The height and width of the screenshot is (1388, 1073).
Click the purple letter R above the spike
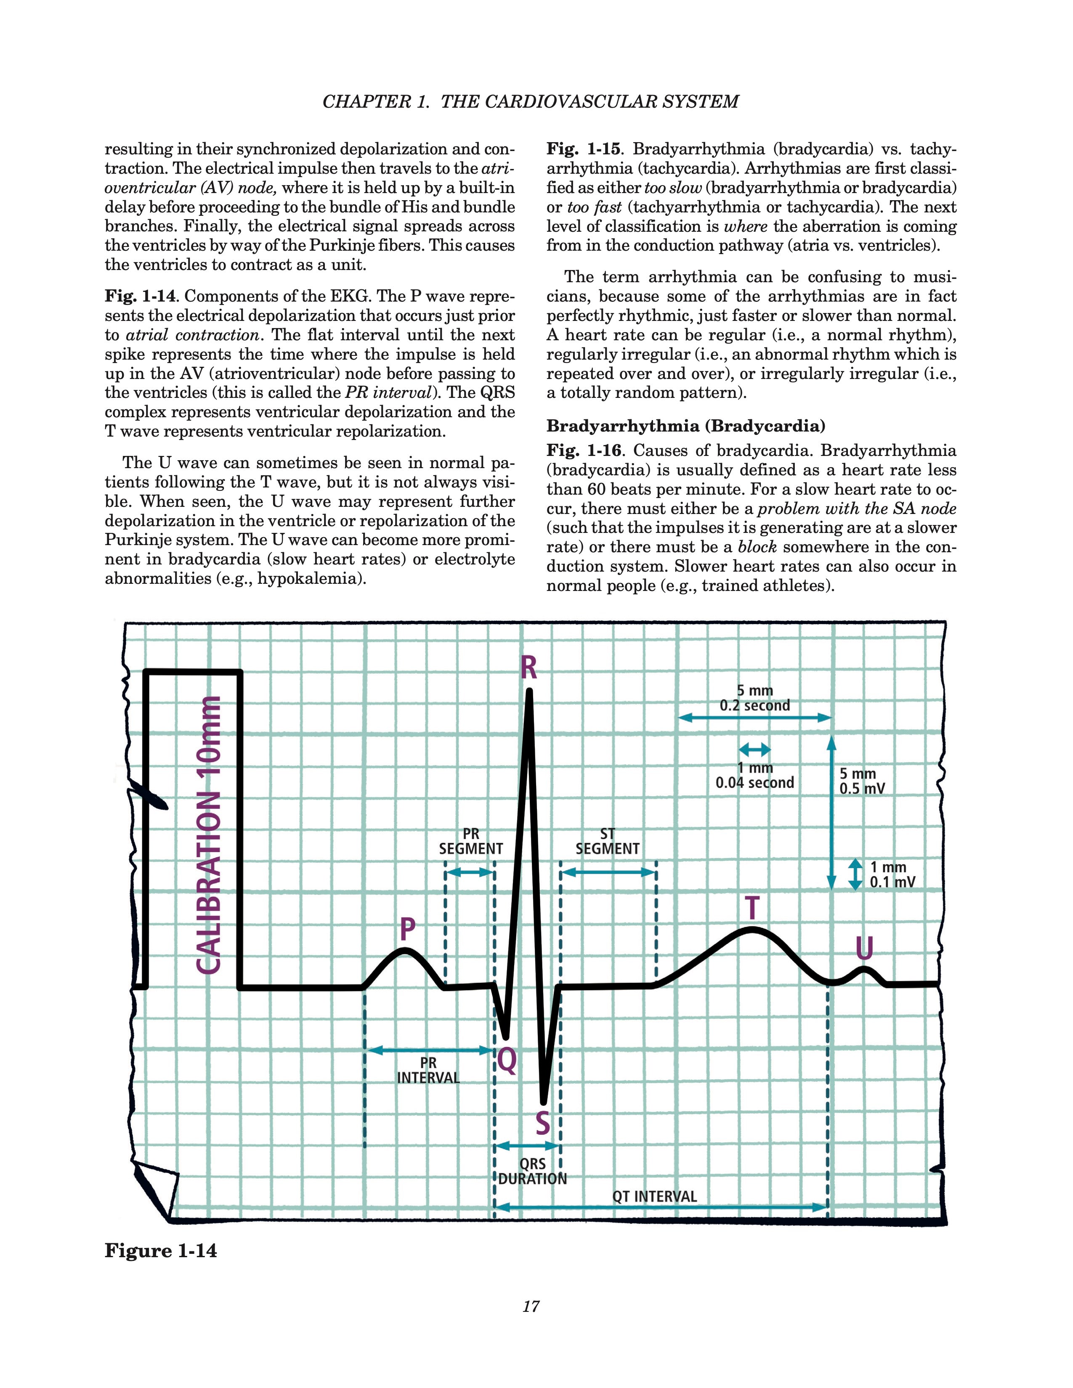(x=528, y=668)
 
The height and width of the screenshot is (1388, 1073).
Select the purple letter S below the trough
(x=542, y=1123)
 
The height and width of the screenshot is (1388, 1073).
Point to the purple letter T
(x=752, y=908)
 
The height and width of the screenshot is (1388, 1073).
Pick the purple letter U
(x=864, y=949)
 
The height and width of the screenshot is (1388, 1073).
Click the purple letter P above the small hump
(x=407, y=929)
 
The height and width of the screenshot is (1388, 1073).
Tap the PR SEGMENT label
(x=470, y=842)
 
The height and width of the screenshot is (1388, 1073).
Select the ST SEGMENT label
(x=607, y=842)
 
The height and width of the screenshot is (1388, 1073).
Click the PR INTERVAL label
(x=428, y=1070)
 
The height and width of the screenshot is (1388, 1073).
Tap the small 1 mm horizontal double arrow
(x=754, y=750)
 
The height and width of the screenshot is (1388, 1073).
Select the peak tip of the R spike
(x=529, y=692)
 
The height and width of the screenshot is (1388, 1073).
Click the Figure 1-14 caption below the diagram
(x=161, y=1251)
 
